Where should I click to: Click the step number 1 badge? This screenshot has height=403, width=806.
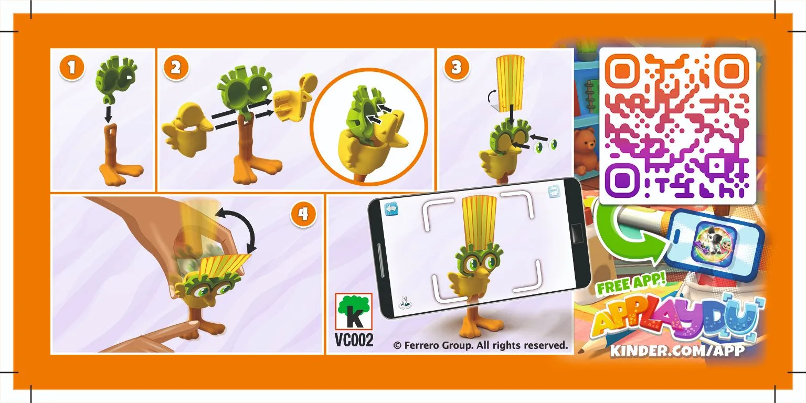[71, 68]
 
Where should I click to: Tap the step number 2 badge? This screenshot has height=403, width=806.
[176, 67]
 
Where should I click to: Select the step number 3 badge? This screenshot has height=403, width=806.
[456, 67]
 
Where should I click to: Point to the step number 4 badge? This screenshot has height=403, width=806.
[303, 214]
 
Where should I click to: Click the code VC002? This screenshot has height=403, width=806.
[354, 340]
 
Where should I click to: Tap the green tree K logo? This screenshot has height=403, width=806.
[354, 311]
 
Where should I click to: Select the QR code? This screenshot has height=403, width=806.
[678, 126]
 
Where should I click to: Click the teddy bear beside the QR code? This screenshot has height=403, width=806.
[585, 150]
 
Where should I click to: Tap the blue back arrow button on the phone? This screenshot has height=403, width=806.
[391, 209]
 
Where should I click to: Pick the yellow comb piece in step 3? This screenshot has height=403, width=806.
[510, 82]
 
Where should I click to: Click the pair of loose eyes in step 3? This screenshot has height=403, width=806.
[546, 145]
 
